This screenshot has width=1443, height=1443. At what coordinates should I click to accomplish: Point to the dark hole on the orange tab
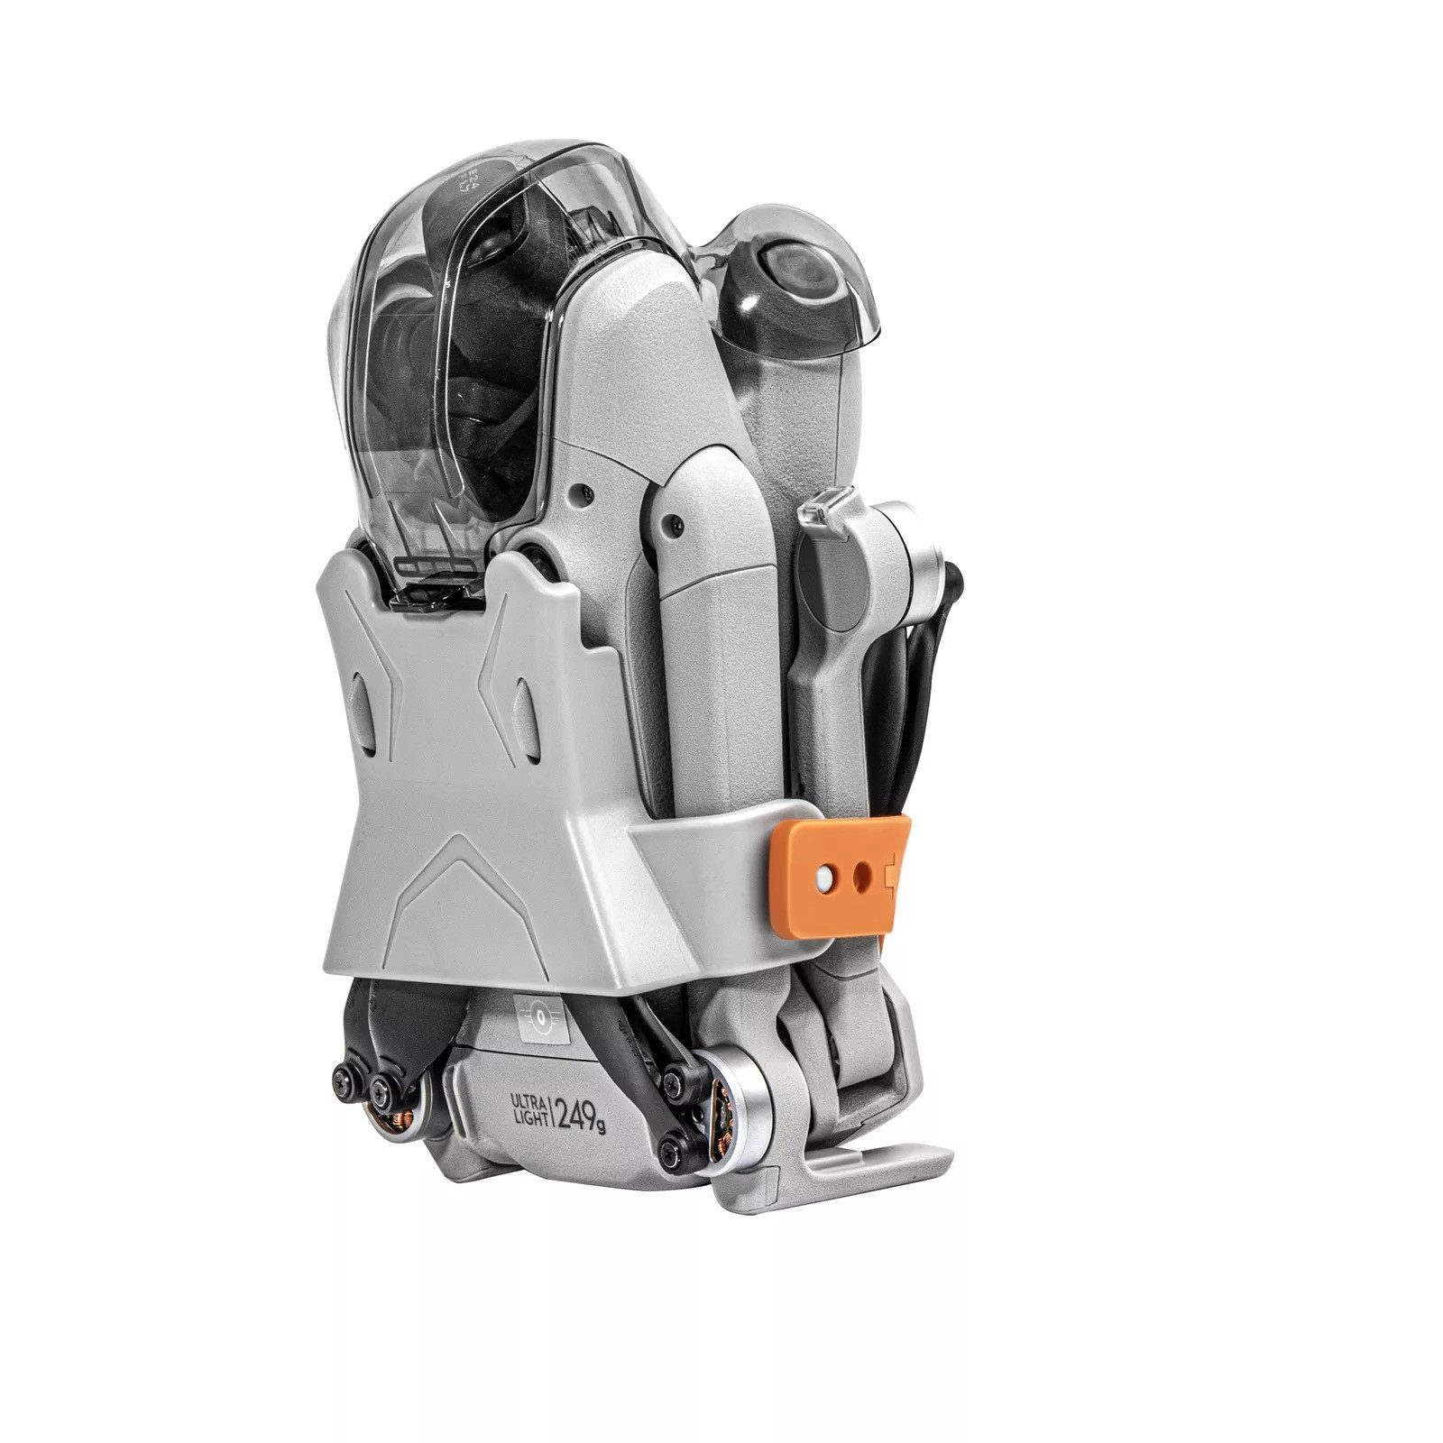[x=864, y=872]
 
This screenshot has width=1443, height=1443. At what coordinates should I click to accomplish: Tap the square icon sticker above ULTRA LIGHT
[x=538, y=1016]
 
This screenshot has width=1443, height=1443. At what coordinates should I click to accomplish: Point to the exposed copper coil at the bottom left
[x=396, y=1118]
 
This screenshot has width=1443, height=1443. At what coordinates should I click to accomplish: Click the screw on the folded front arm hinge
[x=672, y=521]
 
